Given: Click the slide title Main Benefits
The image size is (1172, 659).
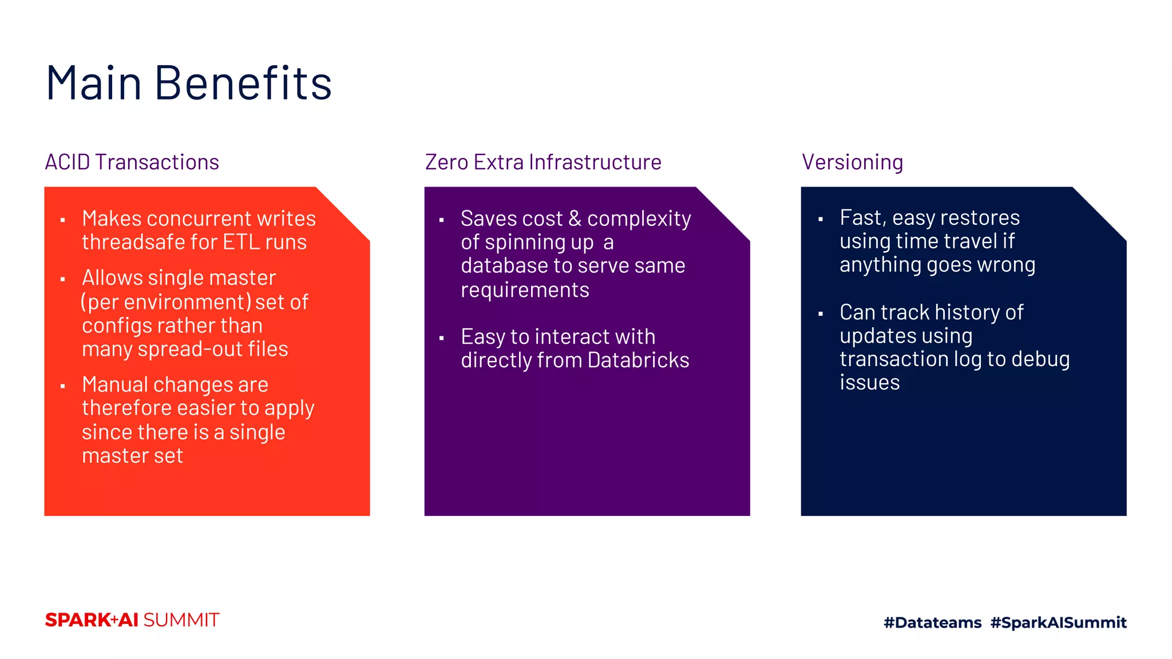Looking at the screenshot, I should tap(188, 84).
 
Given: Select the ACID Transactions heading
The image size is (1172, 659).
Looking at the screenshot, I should tap(132, 162).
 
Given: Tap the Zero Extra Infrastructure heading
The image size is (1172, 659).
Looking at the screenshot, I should tap(543, 162).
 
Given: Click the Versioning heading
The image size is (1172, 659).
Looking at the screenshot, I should tap(852, 162).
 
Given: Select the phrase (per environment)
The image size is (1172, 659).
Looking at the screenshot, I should tap(165, 302).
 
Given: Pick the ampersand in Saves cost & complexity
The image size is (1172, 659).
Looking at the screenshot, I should tap(575, 219).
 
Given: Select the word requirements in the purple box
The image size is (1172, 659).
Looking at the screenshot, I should tap(525, 290).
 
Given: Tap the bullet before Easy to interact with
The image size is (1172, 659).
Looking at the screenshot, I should tap(441, 339).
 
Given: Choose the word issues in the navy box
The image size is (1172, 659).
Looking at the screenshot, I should tap(869, 383).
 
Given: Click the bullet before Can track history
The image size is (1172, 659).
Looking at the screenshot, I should tap(821, 313).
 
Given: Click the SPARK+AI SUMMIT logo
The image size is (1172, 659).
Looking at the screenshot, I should tap(132, 620).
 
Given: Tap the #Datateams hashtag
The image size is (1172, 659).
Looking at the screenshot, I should tap(932, 622).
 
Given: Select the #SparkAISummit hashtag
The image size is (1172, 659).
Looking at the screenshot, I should tap(1058, 622).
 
